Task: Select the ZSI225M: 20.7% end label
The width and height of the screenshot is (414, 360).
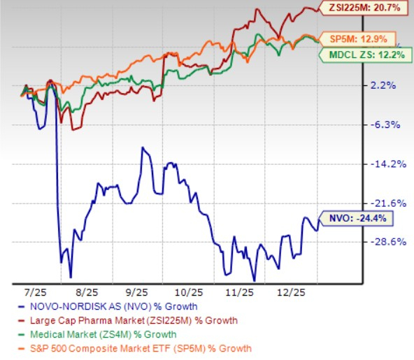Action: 364,8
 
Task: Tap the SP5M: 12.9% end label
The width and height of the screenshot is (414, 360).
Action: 357,38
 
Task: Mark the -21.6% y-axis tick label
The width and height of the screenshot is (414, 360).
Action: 385,203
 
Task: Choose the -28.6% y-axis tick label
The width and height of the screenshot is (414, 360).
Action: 385,242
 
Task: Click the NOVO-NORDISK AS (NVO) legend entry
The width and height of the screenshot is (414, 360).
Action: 112,306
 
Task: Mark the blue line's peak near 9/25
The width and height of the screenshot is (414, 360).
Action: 143,147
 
